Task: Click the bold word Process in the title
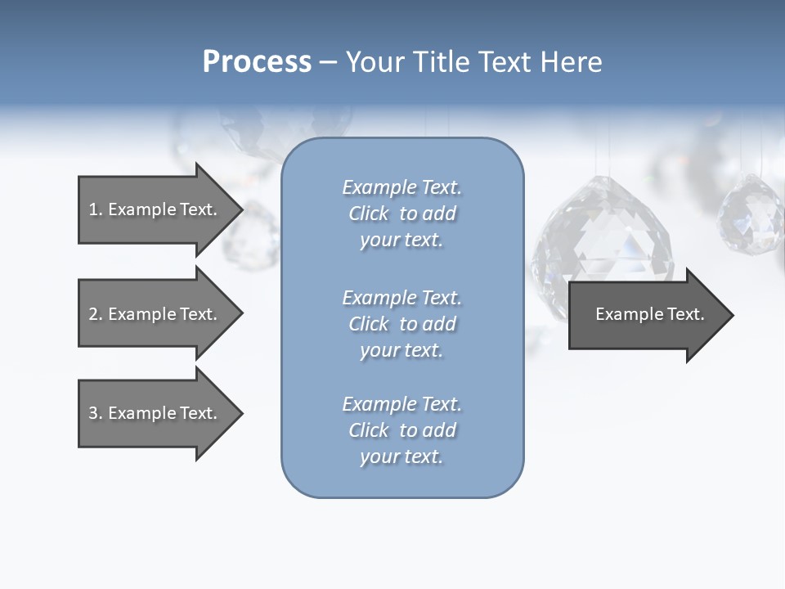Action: pyautogui.click(x=257, y=62)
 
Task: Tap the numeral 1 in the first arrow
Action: pyautogui.click(x=93, y=210)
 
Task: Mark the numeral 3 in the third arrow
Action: pyautogui.click(x=93, y=414)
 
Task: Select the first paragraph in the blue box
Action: pyautogui.click(x=401, y=214)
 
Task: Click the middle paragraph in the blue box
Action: pyautogui.click(x=401, y=324)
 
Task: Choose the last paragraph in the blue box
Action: pyautogui.click(x=401, y=430)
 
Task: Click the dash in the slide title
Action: pyautogui.click(x=329, y=63)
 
